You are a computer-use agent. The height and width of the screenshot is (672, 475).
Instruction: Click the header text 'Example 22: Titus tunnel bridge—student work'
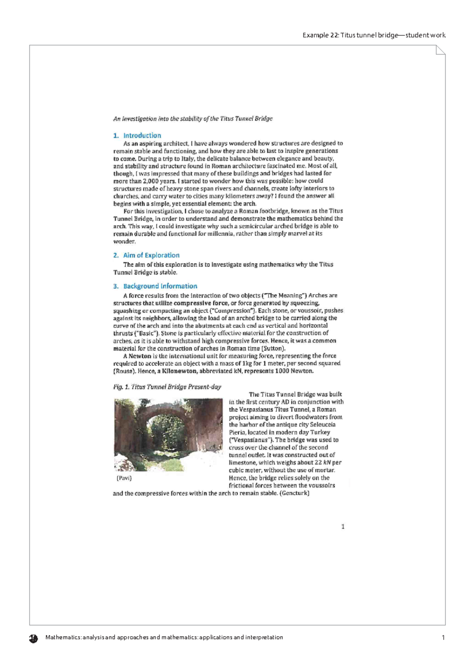point(374,35)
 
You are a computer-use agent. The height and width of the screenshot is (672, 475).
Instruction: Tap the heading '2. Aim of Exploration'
point(146,255)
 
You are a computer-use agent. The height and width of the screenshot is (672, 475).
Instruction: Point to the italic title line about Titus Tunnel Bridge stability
point(193,118)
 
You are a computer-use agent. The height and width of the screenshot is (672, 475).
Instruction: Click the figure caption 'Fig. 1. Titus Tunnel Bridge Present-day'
point(167,387)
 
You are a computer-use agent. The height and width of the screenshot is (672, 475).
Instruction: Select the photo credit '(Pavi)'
point(124,478)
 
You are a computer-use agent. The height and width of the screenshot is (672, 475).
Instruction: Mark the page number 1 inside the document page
point(343,527)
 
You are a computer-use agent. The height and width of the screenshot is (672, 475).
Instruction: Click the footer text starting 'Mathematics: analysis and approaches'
point(164,638)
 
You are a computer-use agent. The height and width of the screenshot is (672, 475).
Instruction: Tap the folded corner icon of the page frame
point(440,50)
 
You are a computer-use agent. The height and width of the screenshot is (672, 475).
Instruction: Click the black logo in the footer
point(33,638)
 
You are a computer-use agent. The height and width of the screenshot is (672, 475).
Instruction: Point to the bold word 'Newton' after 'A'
point(140,356)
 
